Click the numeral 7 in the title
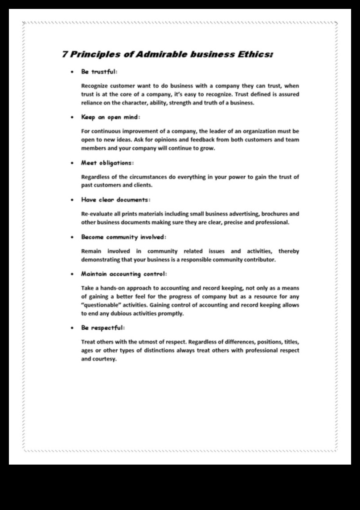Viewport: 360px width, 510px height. (x=65, y=55)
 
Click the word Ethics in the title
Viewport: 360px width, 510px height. (x=256, y=55)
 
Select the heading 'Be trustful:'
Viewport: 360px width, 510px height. (x=99, y=71)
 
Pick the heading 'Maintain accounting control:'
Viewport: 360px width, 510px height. (x=124, y=274)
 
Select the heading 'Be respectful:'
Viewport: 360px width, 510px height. (x=102, y=328)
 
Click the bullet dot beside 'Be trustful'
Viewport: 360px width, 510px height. (x=72, y=72)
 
